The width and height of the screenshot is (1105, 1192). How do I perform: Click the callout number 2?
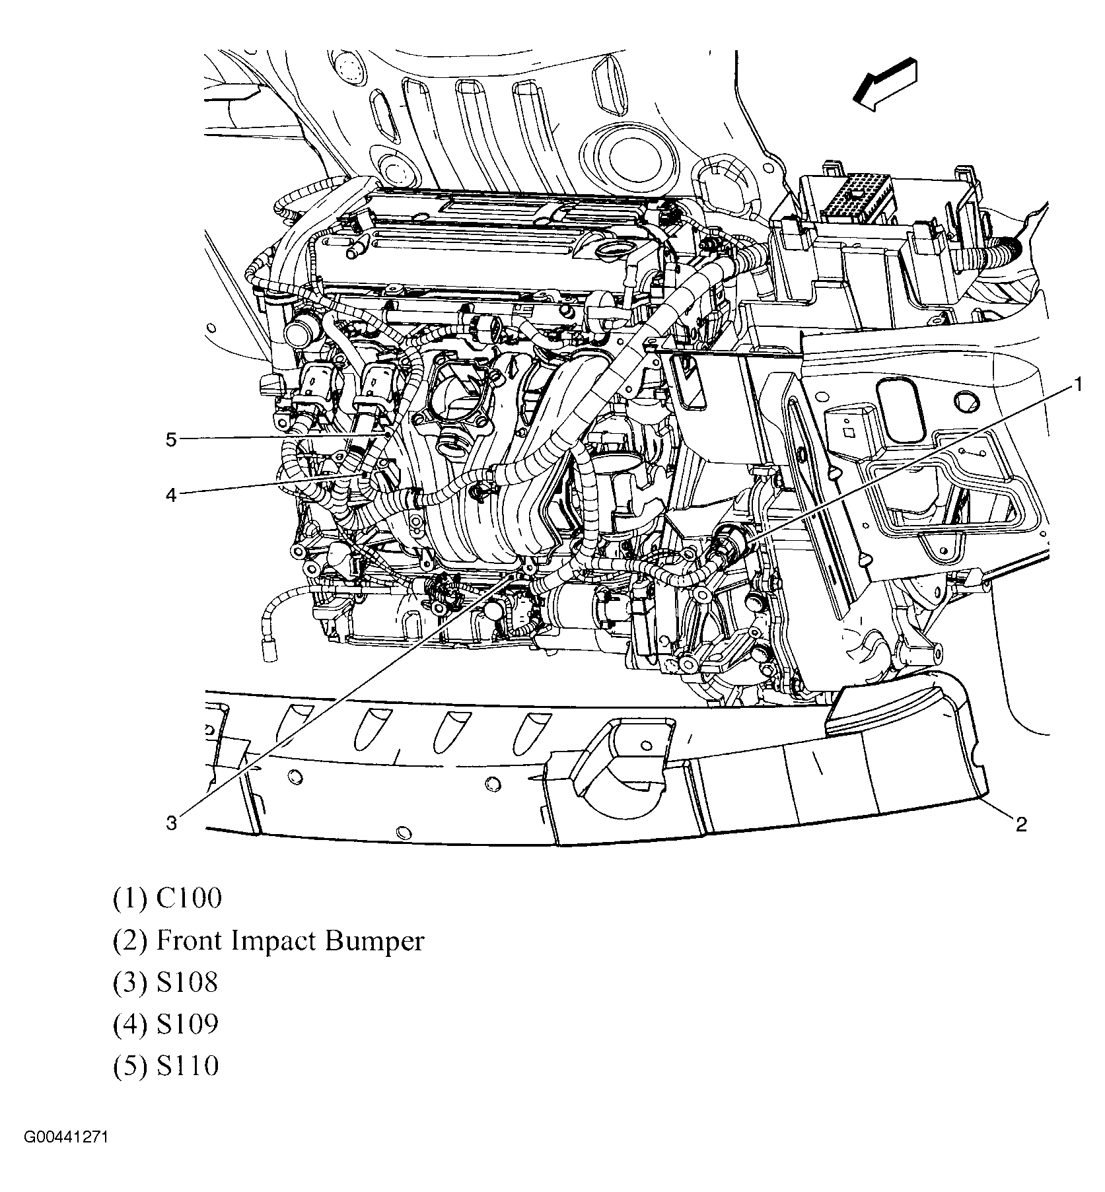point(1020,824)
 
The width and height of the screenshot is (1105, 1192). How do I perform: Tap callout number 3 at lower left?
point(171,823)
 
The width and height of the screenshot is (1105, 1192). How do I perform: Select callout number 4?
point(171,495)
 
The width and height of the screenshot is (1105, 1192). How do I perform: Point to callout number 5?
point(171,440)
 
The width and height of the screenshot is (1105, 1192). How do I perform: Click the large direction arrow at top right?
point(884,83)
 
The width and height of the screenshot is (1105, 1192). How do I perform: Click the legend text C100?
point(189,899)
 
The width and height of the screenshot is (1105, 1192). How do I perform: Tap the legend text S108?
point(187,983)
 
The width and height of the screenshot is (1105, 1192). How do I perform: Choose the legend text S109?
point(187,1024)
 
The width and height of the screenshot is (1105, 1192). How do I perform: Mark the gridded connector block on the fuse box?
point(857,197)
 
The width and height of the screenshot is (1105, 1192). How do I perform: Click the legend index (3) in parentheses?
point(130,983)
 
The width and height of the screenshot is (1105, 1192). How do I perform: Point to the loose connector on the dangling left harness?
point(269,652)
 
